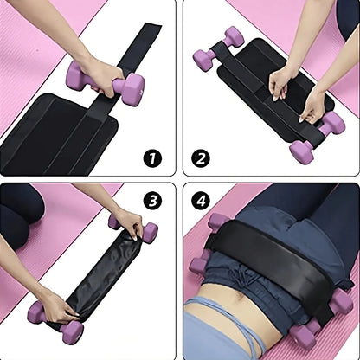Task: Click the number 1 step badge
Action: (x=153, y=158)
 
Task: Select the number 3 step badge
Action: (x=153, y=201)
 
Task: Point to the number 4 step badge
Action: (x=202, y=201)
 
